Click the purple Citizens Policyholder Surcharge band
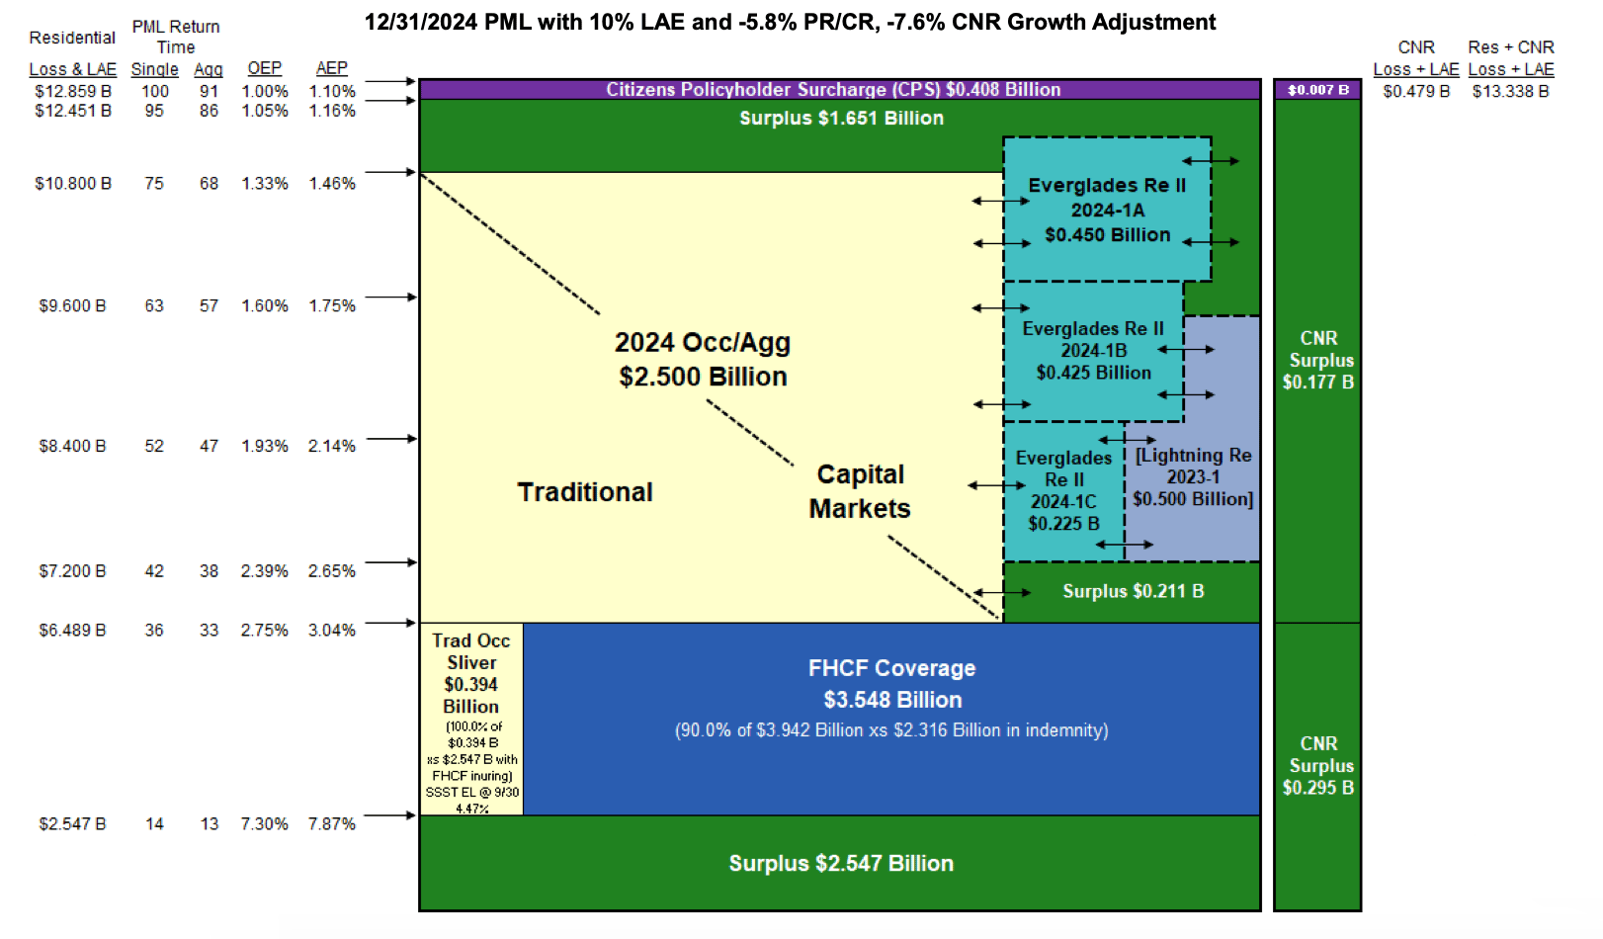833,90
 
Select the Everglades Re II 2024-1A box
1107,210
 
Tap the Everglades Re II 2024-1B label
1093,351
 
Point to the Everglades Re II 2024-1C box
1063,491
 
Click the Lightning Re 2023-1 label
1193,477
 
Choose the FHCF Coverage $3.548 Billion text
891,685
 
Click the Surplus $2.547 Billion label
841,864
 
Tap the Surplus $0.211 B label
1133,592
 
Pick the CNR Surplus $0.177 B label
1318,361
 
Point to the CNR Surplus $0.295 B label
1318,766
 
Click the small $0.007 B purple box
1317,90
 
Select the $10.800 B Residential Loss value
73,184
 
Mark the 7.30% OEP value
265,824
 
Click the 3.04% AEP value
332,631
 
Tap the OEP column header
265,68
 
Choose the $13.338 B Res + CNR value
1510,92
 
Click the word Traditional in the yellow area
585,492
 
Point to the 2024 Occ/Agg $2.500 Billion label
703,360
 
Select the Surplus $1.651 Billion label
841,119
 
